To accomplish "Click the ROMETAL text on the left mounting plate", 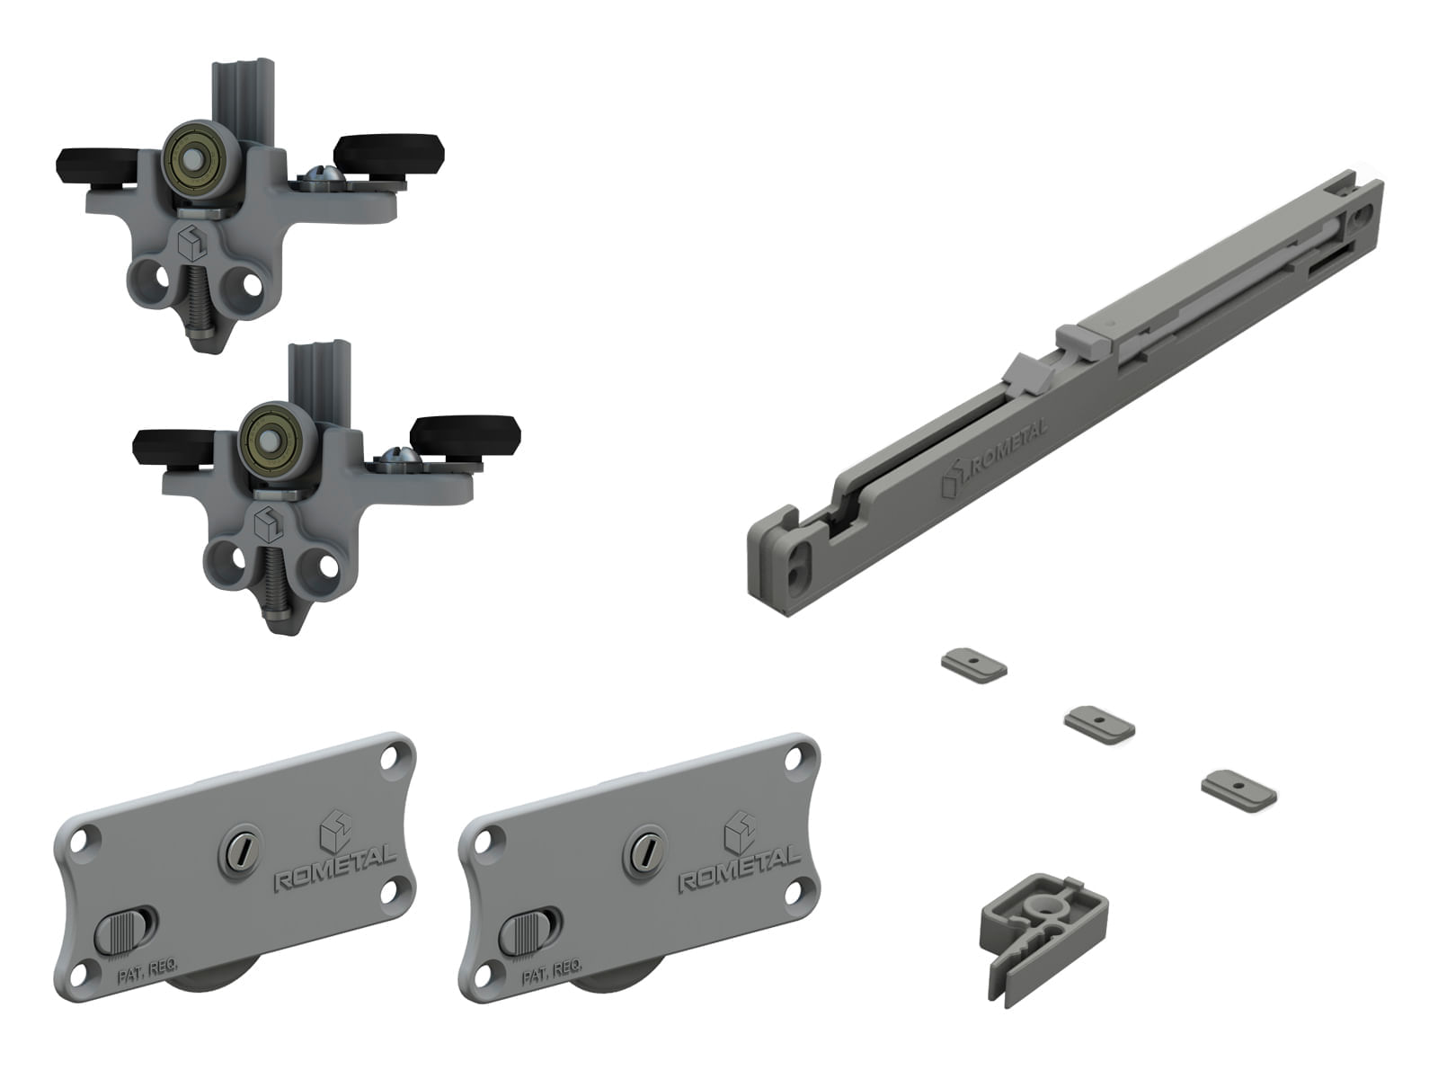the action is (x=334, y=870).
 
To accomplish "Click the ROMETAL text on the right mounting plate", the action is (x=740, y=869).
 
